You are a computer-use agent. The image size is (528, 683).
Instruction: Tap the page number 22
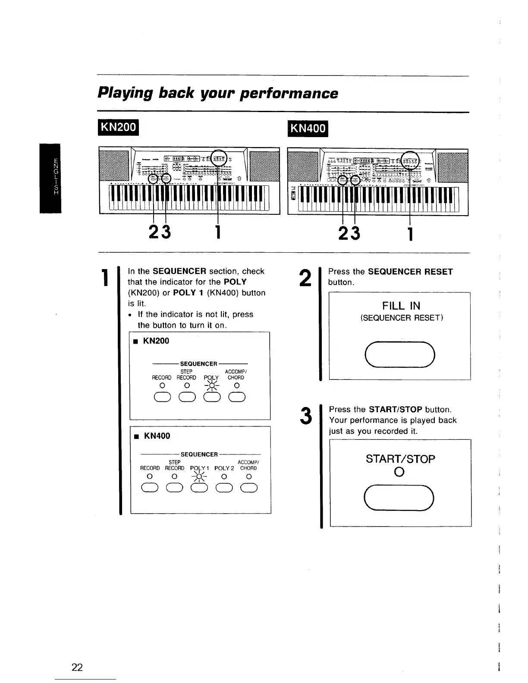tap(77, 667)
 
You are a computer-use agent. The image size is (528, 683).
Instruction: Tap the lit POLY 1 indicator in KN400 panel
tap(199, 476)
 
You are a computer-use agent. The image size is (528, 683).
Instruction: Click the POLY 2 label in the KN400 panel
tap(224, 468)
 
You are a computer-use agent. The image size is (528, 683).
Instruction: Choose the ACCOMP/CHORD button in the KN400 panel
tap(249, 488)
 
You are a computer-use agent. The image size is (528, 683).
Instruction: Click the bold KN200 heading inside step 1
tap(156, 341)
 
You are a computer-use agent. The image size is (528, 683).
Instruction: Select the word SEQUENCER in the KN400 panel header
tap(199, 454)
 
